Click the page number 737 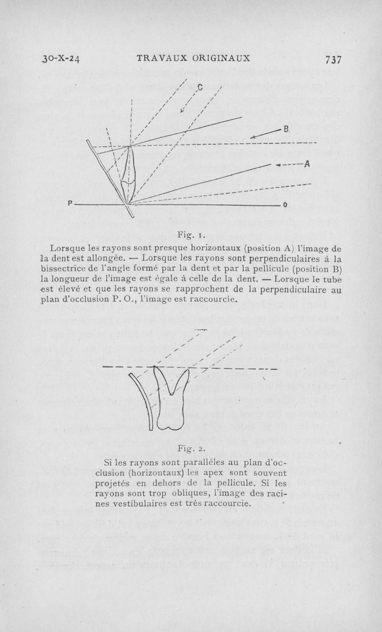pyautogui.click(x=333, y=59)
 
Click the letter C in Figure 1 pyautogui.click(x=200, y=87)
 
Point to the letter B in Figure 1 pyautogui.click(x=287, y=129)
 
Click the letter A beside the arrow pyautogui.click(x=308, y=164)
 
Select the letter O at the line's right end pyautogui.click(x=285, y=204)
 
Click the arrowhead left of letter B pyautogui.click(x=254, y=137)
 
